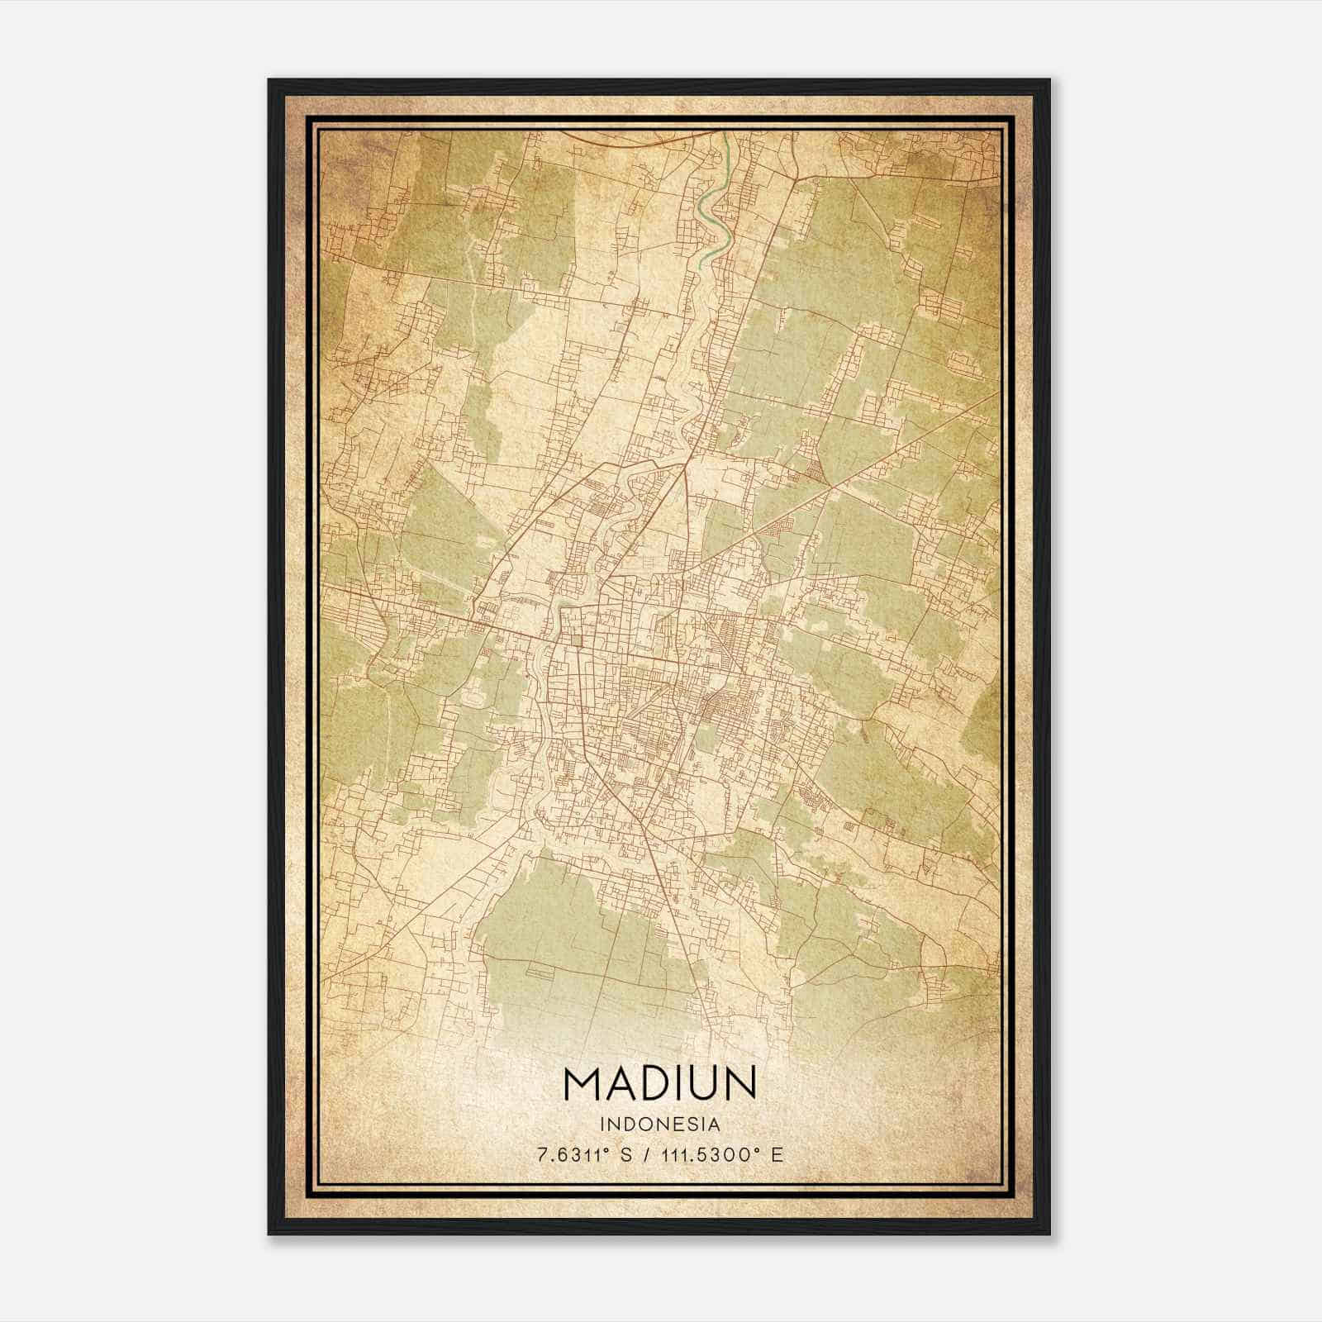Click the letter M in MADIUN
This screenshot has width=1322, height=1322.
pyautogui.click(x=583, y=1084)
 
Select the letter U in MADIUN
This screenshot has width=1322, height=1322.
pyautogui.click(x=701, y=1084)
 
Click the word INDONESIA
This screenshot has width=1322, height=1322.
pyautogui.click(x=660, y=1125)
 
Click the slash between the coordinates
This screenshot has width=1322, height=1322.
pyautogui.click(x=647, y=1155)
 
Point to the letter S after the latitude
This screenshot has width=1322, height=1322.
pyautogui.click(x=625, y=1155)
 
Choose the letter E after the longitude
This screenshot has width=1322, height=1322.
pyautogui.click(x=777, y=1155)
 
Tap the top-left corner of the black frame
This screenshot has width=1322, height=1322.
pyautogui.click(x=269, y=81)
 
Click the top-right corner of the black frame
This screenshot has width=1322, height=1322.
pyautogui.click(x=1049, y=81)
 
